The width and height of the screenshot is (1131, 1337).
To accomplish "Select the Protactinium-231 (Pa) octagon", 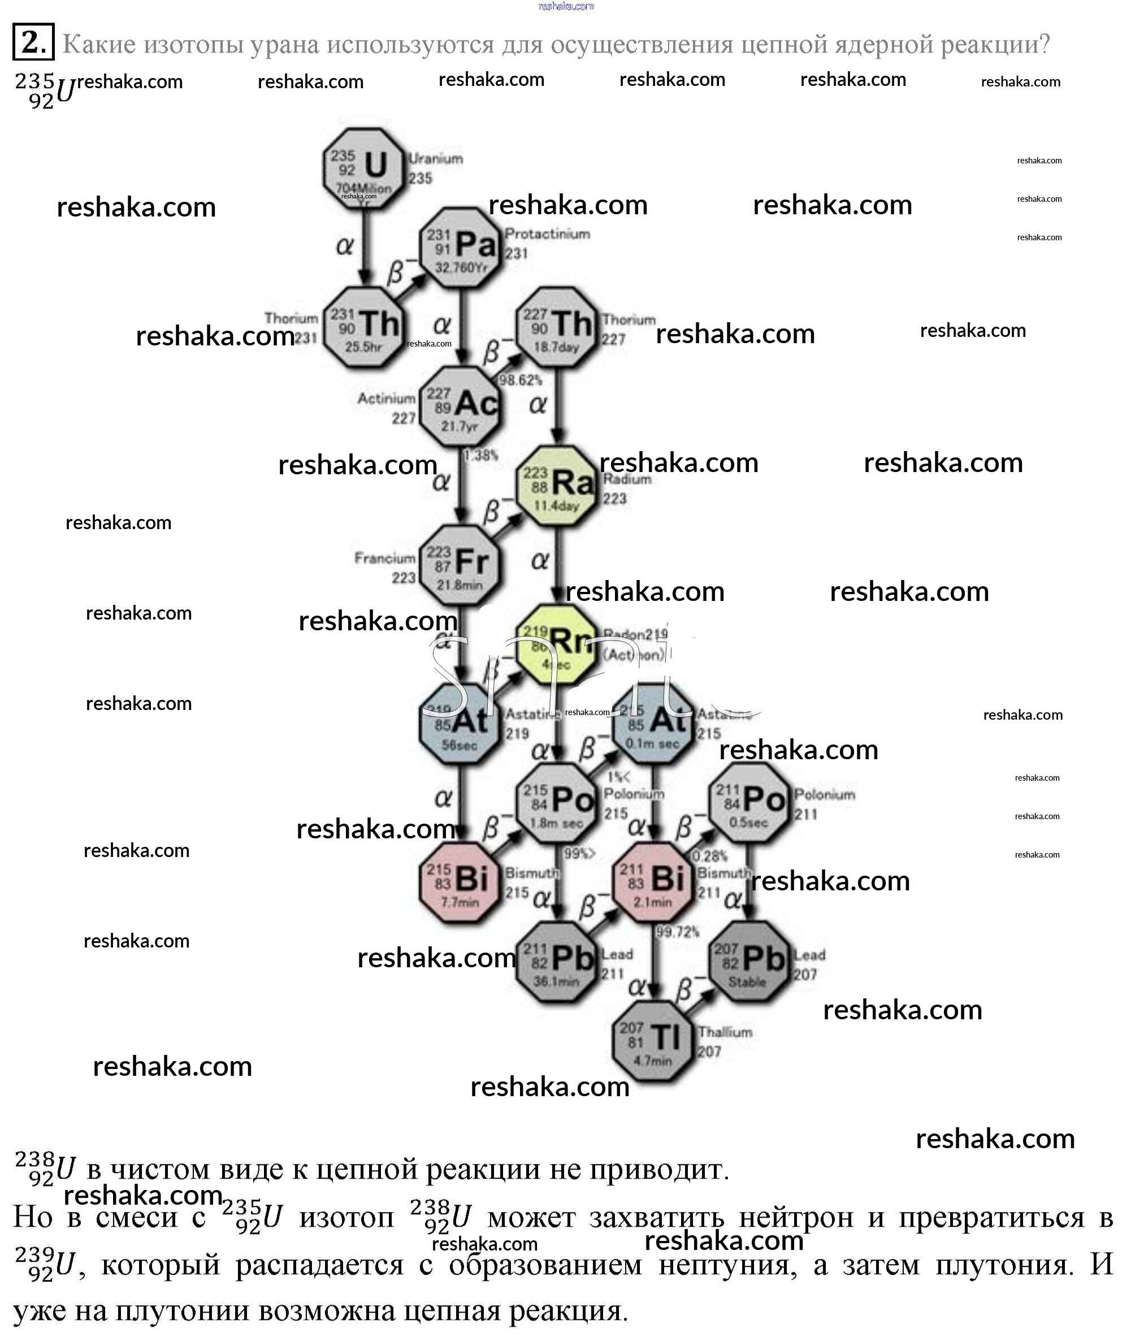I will pyautogui.click(x=460, y=248).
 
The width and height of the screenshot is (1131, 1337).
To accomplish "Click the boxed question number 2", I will pyautogui.click(x=33, y=42).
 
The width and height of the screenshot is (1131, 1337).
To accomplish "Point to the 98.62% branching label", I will pyautogui.click(x=521, y=380).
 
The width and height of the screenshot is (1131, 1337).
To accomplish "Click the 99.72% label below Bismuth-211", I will pyautogui.click(x=677, y=931).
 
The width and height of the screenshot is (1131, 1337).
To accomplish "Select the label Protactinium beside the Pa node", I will pyautogui.click(x=547, y=234).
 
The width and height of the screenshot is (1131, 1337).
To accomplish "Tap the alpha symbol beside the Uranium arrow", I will pyautogui.click(x=345, y=245).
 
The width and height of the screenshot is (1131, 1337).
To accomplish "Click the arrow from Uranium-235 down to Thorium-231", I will pyautogui.click(x=364, y=247).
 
